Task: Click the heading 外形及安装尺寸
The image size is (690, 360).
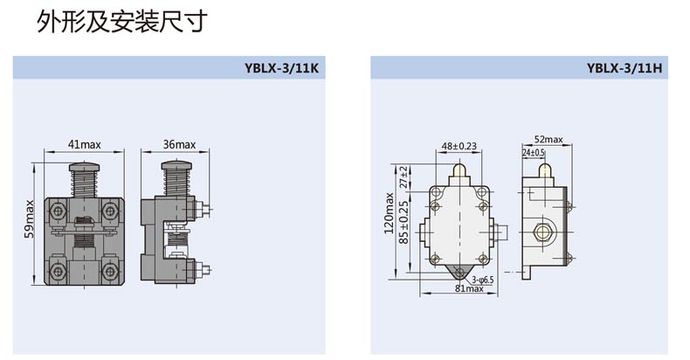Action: click(x=121, y=22)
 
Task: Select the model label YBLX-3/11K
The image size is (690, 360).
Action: click(x=281, y=68)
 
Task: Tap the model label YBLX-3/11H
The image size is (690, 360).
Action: click(x=624, y=68)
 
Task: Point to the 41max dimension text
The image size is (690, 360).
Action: click(x=84, y=144)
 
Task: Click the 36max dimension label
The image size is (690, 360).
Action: click(x=179, y=144)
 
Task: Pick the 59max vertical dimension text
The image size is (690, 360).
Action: click(x=29, y=218)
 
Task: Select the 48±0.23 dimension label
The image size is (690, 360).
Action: click(x=459, y=146)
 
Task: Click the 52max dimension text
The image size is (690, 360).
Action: click(x=549, y=139)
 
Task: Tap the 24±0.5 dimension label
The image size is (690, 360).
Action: click(x=534, y=152)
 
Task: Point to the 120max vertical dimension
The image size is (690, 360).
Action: click(x=389, y=213)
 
